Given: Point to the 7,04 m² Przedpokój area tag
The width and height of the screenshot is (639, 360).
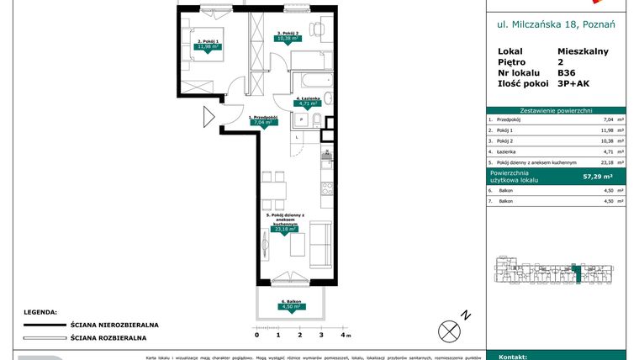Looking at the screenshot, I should pyautogui.click(x=264, y=122).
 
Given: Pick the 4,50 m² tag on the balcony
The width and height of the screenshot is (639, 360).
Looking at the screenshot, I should pyautogui.click(x=291, y=307).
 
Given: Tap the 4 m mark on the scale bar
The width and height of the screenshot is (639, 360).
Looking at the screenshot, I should pyautogui.click(x=343, y=335).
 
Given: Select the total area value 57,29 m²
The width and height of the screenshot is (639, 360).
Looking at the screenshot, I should pyautogui.click(x=598, y=177).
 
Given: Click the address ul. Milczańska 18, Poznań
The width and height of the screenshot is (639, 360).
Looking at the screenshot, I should pyautogui.click(x=556, y=25).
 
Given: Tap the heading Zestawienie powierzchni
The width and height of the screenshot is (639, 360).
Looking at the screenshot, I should pyautogui.click(x=556, y=110).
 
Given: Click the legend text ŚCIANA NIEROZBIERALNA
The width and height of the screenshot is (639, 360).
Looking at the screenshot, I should pyautogui.click(x=115, y=324).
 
